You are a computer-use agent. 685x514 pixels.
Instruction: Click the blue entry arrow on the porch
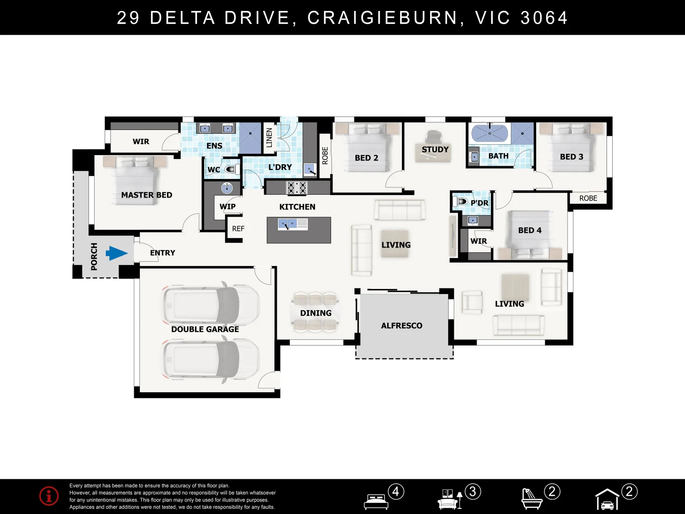tap(116, 253)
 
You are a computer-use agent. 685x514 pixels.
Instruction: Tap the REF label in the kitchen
tap(238, 229)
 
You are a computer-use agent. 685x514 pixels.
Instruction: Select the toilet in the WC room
tap(231, 169)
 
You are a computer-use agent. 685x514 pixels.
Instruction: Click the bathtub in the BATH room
tap(489, 133)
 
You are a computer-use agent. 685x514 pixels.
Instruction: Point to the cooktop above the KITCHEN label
tap(296, 188)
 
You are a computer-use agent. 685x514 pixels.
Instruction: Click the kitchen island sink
tap(287, 224)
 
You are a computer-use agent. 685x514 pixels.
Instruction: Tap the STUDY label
tap(435, 149)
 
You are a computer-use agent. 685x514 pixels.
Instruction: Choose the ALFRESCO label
tap(401, 326)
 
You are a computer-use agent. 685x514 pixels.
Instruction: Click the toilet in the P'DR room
tap(461, 202)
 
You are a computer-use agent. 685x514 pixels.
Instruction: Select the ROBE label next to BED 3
tap(588, 198)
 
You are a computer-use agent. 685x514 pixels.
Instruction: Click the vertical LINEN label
tap(269, 137)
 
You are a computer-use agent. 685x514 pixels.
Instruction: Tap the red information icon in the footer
tap(49, 496)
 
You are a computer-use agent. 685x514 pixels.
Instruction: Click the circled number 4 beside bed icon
tap(396, 491)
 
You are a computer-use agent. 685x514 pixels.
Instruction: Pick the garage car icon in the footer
tap(607, 500)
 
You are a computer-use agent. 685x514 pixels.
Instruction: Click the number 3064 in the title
tap(544, 18)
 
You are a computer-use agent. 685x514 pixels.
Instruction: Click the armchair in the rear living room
tap(471, 302)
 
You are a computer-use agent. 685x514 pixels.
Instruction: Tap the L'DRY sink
tap(310, 169)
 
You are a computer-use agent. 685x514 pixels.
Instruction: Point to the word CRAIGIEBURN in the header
tap(382, 18)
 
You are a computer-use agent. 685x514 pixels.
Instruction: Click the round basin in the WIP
tap(227, 188)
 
